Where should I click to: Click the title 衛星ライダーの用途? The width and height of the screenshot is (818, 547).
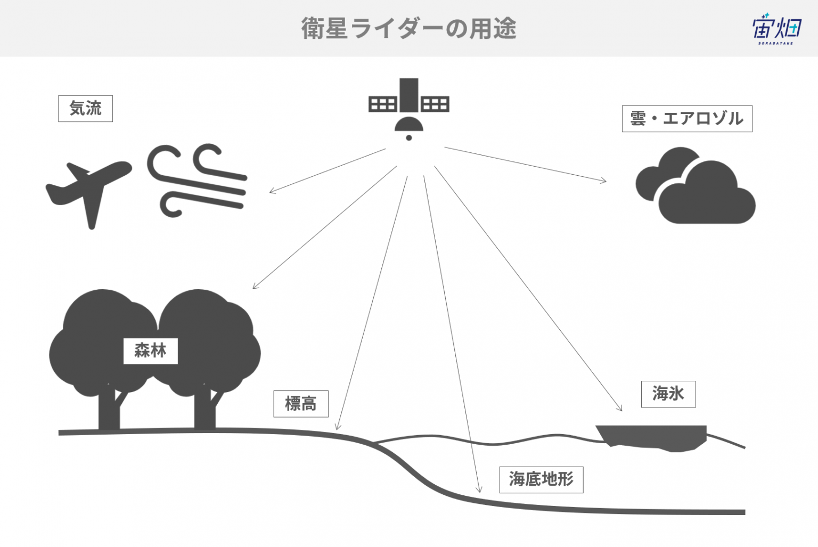pos(408,28)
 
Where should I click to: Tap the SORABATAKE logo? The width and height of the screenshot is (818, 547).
pos(777,29)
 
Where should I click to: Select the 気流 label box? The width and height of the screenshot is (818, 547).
pos(85,109)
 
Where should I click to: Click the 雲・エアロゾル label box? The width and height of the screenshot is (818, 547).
pos(687,119)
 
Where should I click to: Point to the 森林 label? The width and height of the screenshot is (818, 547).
pos(151,351)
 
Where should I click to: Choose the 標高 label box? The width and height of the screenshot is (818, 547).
pos(301,404)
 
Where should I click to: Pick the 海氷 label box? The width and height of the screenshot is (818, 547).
pos(668,394)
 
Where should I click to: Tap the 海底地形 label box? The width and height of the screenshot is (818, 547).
pos(541,479)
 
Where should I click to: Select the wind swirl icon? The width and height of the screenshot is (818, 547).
pos(197,180)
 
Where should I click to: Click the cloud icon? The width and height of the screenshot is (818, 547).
pos(696,185)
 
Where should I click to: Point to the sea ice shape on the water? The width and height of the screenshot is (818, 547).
pos(651,438)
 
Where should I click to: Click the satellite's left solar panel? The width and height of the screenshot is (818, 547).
pos(382,104)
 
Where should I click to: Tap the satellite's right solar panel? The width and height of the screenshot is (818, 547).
pos(435,104)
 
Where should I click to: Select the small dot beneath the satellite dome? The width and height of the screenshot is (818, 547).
pos(409,137)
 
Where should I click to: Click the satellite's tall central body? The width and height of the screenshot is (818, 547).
pos(408,95)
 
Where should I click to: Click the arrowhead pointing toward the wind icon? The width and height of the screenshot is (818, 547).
pos(273,190)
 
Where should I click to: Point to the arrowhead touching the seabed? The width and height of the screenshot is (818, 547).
pos(479,489)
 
